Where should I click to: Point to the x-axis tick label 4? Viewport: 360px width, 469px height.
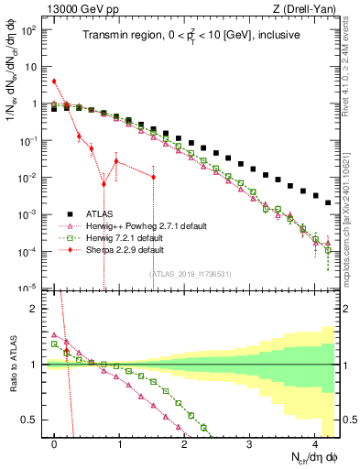click(314, 443)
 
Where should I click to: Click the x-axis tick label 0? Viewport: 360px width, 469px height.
click(55, 443)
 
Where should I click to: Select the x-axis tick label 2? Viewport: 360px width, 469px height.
click(184, 443)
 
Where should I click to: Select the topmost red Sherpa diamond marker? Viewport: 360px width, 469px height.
click(55, 81)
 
